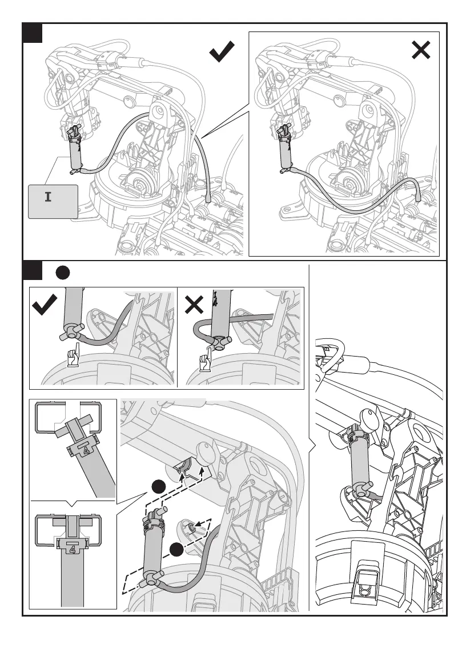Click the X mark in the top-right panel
click(421, 51)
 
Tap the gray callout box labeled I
click(53, 201)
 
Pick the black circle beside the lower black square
click(62, 273)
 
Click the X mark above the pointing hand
click(195, 307)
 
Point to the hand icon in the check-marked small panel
click(72, 357)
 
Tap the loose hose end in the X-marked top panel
click(417, 195)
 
